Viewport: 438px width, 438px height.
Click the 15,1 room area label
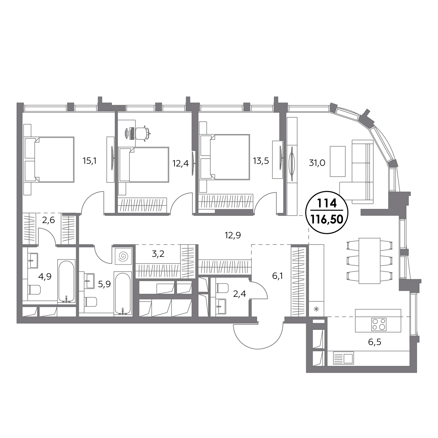[90, 161]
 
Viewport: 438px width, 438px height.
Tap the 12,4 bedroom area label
[181, 163]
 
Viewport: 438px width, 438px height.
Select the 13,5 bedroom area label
[261, 161]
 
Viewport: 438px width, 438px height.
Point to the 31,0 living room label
[317, 163]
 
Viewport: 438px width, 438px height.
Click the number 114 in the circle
[327, 203]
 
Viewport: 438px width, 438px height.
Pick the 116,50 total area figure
[327, 220]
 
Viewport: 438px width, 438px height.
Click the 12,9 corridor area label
[233, 235]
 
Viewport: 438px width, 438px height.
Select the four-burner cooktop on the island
[379, 324]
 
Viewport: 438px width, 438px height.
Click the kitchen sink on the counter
[343, 358]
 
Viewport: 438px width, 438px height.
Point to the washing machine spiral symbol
[123, 256]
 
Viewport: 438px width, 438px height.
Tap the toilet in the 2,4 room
[222, 288]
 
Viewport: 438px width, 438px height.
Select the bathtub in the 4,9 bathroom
[66, 282]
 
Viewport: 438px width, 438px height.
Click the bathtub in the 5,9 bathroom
[123, 293]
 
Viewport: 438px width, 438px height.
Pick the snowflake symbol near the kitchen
[316, 309]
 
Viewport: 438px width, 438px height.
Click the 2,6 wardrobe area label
[49, 220]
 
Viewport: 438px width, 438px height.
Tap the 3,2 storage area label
[158, 254]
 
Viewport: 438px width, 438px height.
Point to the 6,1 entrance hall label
[278, 276]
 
